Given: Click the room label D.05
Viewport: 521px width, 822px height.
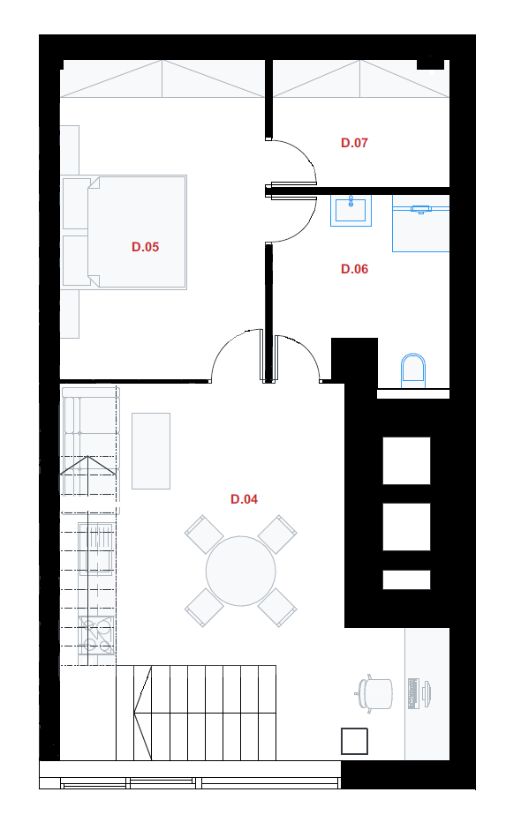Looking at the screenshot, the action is click(x=146, y=247).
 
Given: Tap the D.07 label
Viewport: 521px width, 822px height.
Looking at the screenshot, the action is click(x=354, y=143).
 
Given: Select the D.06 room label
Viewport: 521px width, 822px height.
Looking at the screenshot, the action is click(x=354, y=269).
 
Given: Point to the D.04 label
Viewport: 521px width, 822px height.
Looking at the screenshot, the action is click(x=244, y=499).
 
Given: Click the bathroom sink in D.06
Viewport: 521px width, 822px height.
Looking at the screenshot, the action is click(x=351, y=210).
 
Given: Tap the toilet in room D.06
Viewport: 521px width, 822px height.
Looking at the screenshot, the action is click(x=413, y=370).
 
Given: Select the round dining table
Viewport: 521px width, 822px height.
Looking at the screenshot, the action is click(x=241, y=571).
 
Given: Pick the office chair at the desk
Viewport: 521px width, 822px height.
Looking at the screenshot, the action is click(x=374, y=693).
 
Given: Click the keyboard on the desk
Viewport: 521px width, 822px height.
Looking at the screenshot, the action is click(x=413, y=693).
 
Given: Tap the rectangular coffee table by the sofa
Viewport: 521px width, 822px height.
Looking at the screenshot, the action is click(x=151, y=451).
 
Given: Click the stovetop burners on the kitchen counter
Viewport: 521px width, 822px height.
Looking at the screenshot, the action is click(x=96, y=635).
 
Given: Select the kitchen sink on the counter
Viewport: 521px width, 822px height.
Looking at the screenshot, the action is click(x=96, y=549).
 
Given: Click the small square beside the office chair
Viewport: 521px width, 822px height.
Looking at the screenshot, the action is click(x=354, y=741).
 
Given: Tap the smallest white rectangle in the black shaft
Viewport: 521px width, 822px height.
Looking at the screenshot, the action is click(x=406, y=579).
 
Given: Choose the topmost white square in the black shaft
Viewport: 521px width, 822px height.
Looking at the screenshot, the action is click(x=406, y=460).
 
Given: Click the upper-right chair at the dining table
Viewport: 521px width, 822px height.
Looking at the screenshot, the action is click(x=277, y=534).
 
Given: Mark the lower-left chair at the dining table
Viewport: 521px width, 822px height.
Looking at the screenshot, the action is click(x=204, y=607).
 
